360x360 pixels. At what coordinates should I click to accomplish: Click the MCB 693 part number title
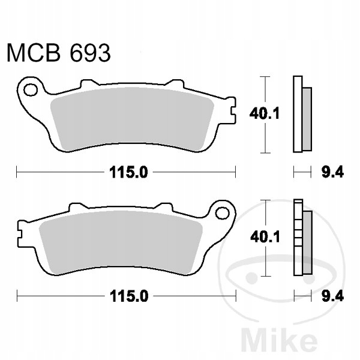[x=59, y=53]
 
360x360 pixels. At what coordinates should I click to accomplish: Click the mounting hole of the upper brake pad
[x=31, y=90]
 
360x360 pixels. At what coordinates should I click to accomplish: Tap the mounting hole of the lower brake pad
[x=223, y=213]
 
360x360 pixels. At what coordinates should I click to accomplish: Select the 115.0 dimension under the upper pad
[x=128, y=172]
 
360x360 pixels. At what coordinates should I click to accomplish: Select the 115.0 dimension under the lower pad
[x=128, y=296]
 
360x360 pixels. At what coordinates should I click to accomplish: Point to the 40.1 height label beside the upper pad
[x=264, y=113]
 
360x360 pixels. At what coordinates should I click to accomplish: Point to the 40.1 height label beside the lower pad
[x=265, y=237]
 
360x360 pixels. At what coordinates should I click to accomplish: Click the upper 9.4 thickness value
[x=332, y=172]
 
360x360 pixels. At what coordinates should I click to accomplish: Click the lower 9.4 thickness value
[x=332, y=296]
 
